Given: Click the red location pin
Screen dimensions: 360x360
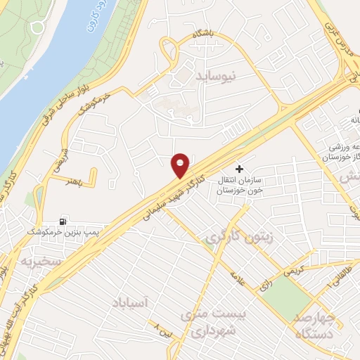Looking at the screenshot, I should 181,165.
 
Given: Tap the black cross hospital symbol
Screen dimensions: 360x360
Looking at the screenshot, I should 240,169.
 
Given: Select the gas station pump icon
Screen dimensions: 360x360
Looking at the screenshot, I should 64,221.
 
